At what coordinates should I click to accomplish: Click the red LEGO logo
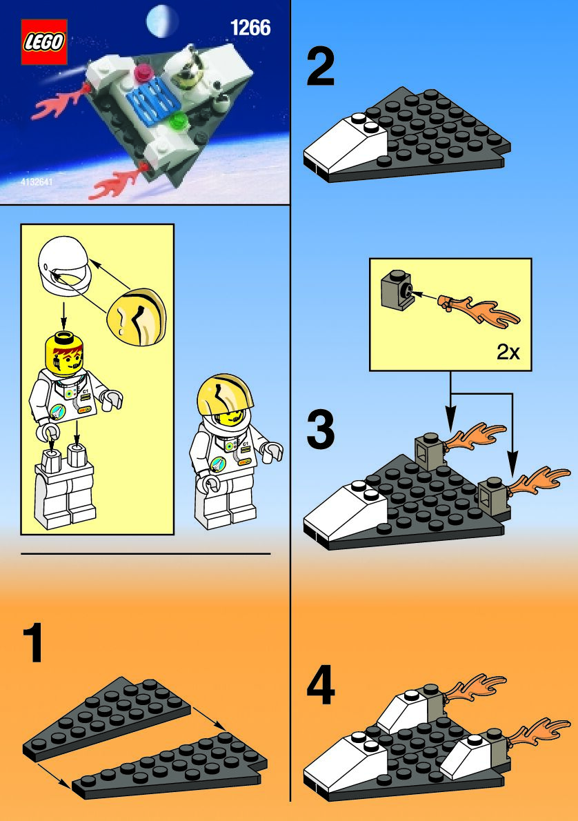[44, 42]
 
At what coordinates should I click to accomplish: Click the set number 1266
[250, 28]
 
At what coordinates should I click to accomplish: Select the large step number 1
[34, 642]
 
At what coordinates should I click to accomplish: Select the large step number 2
[321, 66]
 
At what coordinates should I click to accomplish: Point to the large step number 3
[321, 430]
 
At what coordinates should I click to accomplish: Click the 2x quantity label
[508, 353]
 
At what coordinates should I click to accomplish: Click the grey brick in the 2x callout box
[397, 290]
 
